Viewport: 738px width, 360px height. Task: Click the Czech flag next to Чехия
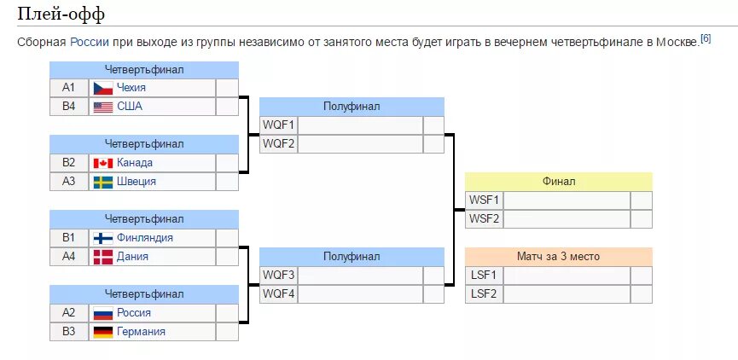tap(103, 88)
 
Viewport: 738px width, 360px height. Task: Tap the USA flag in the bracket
tap(103, 107)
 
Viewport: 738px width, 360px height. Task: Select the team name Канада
tap(135, 163)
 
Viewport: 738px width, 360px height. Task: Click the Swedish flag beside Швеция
tap(103, 182)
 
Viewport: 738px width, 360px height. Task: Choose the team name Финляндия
tap(145, 238)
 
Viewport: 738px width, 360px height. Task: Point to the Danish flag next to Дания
tap(103, 257)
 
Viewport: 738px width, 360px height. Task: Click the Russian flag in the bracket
tap(103, 313)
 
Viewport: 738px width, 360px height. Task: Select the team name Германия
tap(141, 332)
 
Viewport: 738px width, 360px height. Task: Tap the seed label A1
tap(69, 88)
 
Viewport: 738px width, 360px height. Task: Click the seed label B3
tap(69, 332)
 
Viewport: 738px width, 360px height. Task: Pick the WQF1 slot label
tap(278, 125)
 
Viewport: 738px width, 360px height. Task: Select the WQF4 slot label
tap(278, 293)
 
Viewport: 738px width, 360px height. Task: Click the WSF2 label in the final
tap(485, 218)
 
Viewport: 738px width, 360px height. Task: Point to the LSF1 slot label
tap(485, 275)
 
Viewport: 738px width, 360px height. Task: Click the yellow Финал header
tap(559, 182)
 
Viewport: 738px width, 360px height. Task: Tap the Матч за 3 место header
tap(559, 256)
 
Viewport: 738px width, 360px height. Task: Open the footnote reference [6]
tap(706, 39)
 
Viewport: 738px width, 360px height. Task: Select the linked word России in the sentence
tap(89, 43)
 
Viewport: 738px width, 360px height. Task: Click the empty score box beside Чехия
tap(227, 88)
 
